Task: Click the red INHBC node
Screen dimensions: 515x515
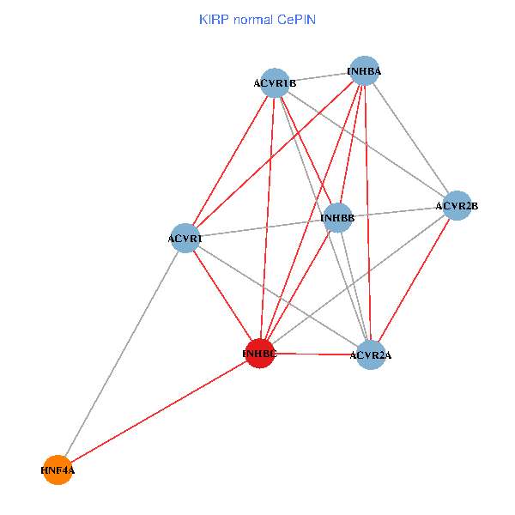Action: coord(260,353)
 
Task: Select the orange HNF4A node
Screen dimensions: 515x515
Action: coord(58,470)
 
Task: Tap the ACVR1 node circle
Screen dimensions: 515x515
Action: coord(185,238)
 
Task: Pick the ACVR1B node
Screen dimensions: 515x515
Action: coord(275,83)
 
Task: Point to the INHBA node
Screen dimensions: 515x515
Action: coord(364,70)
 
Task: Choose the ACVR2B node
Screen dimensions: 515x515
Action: coord(457,206)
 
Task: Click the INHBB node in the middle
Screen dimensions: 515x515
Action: coord(337,218)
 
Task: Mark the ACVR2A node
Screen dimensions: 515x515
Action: coord(371,355)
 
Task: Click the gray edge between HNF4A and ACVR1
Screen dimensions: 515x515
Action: coord(121,354)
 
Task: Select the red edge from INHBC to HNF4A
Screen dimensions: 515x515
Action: coord(159,411)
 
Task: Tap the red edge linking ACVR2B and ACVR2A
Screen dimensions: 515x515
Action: coord(414,281)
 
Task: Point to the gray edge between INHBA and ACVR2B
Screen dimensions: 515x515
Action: coord(410,138)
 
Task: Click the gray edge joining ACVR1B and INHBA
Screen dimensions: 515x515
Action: coord(319,77)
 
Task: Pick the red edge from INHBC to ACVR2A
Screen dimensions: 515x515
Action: coord(315,354)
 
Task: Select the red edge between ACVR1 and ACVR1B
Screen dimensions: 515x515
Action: coord(230,161)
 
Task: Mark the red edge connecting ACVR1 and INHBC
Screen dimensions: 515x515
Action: coord(222,295)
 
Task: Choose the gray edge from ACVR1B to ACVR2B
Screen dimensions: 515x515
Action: coord(366,144)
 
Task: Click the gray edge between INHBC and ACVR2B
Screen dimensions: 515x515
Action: coord(358,280)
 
